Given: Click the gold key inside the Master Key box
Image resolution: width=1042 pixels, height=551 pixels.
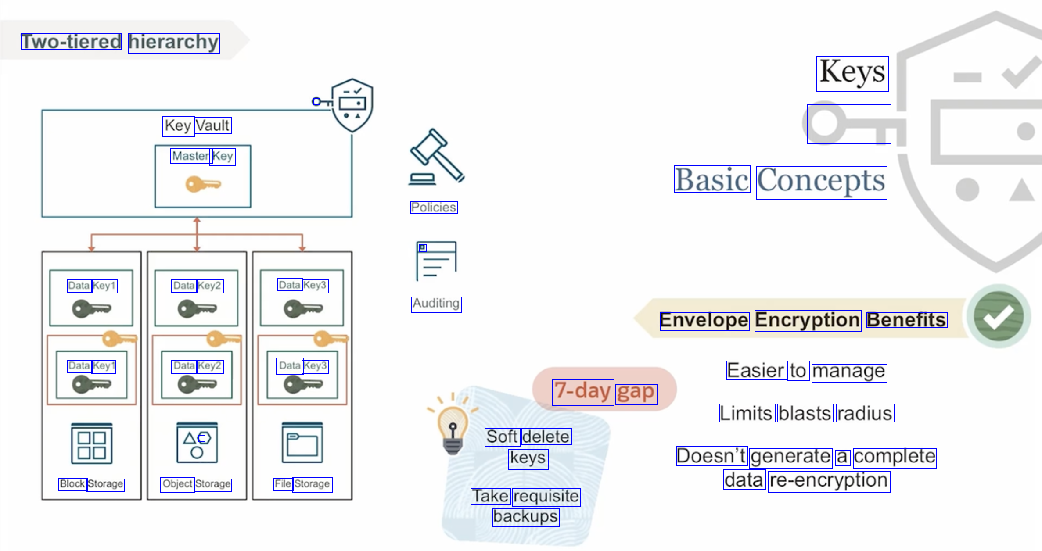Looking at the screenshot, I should [x=203, y=184].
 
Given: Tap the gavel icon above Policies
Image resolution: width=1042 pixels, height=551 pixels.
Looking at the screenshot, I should [x=436, y=157].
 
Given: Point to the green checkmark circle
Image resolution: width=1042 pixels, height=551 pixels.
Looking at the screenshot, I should [x=999, y=316].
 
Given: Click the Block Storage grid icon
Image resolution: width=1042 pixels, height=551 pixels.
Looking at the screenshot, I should [x=92, y=444].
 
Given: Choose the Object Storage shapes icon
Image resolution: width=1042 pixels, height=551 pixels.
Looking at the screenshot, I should [x=197, y=443].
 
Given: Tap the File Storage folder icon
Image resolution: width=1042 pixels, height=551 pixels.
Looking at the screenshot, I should [x=302, y=443].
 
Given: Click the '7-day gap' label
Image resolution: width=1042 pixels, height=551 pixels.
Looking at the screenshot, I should [x=604, y=391].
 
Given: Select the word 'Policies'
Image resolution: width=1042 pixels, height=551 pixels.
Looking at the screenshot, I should [x=434, y=208].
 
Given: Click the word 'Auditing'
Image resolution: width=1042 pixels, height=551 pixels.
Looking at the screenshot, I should [x=436, y=304].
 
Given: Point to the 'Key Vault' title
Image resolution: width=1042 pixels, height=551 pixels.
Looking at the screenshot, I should [x=197, y=126].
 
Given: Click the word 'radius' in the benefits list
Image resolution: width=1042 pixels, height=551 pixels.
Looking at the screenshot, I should [x=865, y=413].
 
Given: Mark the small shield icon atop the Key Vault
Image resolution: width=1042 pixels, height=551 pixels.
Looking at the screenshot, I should [x=352, y=105].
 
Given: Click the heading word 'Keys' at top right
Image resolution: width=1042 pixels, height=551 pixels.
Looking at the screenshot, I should [x=852, y=73].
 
